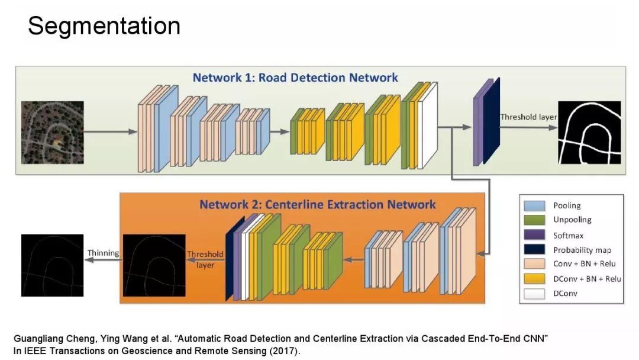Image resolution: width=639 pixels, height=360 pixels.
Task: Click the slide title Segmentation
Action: [x=104, y=27]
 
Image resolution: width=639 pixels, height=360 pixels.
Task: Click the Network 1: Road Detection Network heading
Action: [x=295, y=78]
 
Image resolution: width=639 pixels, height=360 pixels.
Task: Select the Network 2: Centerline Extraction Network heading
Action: [x=317, y=205]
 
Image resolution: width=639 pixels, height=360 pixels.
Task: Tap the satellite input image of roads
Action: [x=52, y=133]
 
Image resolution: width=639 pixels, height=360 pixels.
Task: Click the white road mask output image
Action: [x=590, y=133]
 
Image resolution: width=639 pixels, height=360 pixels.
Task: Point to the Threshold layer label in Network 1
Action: [x=528, y=117]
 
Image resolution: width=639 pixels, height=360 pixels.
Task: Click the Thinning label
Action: [x=103, y=253]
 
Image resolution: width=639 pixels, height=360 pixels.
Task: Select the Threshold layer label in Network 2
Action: [x=205, y=259]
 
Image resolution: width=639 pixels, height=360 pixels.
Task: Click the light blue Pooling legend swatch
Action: [x=534, y=205]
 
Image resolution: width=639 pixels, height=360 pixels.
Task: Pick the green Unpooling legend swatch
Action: [x=534, y=220]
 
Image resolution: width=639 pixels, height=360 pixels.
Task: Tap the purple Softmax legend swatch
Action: [x=534, y=234]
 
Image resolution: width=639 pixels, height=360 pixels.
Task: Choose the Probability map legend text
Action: [x=582, y=250]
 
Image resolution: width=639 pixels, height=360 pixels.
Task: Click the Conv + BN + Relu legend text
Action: [x=586, y=264]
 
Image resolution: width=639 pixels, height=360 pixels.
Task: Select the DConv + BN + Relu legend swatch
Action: [x=534, y=278]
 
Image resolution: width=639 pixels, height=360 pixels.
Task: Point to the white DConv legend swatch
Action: [x=534, y=293]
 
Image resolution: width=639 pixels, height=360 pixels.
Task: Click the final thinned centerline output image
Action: [x=52, y=265]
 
